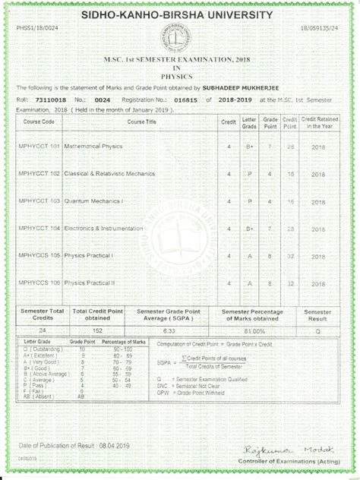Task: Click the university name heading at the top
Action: pos(179,15)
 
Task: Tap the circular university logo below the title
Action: pos(180,43)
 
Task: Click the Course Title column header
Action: pos(141,122)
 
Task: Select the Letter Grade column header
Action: pos(249,122)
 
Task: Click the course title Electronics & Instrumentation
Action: pos(104,228)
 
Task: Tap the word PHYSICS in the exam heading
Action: pos(179,77)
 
